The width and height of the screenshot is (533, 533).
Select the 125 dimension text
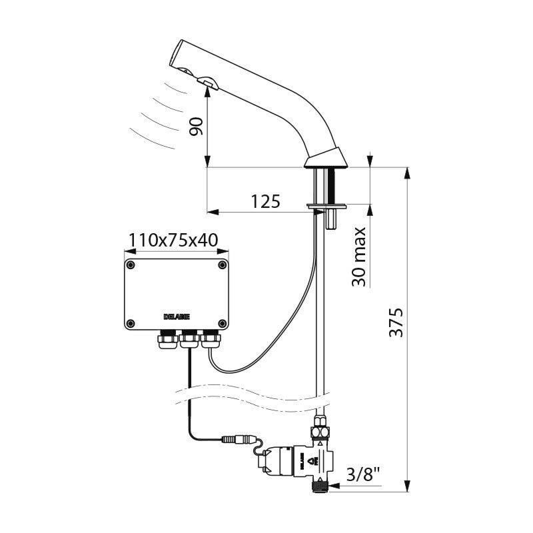[266, 201]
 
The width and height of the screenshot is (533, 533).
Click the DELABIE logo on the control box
[176, 316]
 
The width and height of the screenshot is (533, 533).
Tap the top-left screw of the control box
[131, 265]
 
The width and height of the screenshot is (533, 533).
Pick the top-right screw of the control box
[221, 265]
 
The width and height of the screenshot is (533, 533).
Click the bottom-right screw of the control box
[221, 324]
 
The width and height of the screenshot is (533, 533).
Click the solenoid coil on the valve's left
[273, 462]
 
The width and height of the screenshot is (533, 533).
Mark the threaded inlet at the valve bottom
[322, 487]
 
